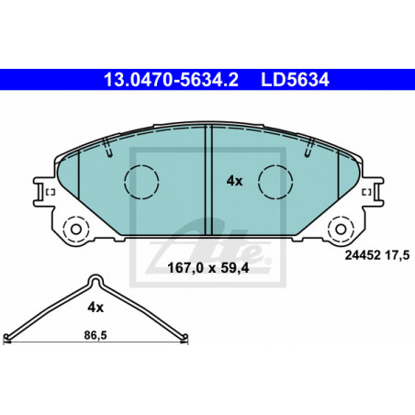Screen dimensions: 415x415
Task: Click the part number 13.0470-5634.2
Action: click(x=171, y=80)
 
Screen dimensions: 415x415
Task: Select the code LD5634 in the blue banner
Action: click(x=295, y=80)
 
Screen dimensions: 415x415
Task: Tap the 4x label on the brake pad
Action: click(x=234, y=181)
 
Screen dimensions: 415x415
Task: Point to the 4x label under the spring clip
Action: click(x=95, y=308)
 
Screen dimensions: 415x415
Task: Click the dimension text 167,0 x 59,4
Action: click(x=208, y=268)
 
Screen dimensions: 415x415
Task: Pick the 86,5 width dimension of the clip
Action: click(x=95, y=335)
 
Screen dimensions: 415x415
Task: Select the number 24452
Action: click(x=363, y=255)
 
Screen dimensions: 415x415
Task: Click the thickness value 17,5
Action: click(x=397, y=255)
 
